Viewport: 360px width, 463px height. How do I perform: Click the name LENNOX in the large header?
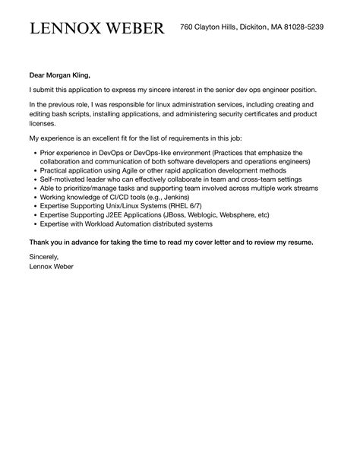coord(63,28)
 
